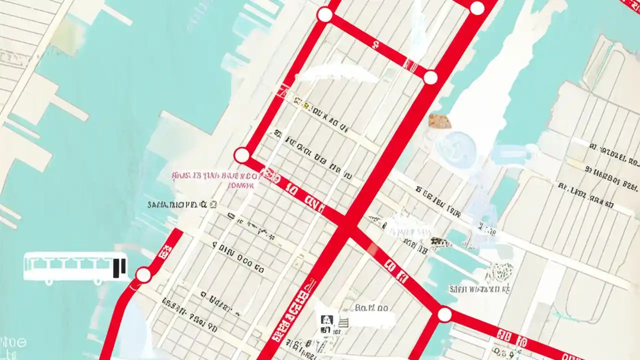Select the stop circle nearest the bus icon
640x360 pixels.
pos(143,274)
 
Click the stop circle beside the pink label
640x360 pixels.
pos(242,155)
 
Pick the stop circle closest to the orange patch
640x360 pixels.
pos(430,77)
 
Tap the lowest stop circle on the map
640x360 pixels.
pos(444,314)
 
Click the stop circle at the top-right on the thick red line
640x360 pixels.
pos(477,8)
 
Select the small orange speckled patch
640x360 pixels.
pos(439,120)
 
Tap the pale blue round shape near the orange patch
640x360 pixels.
pos(455,149)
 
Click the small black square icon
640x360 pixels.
pos(326,319)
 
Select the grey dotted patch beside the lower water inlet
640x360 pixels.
pos(498,272)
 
